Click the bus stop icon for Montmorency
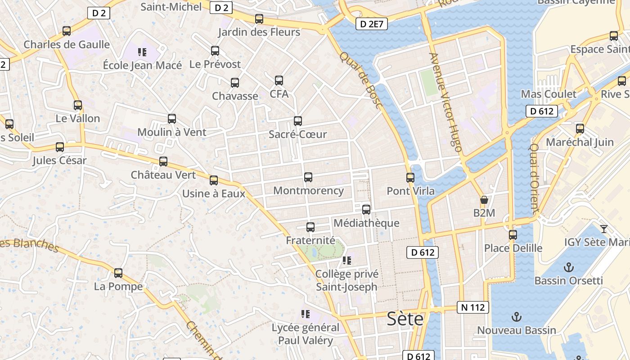(308, 177)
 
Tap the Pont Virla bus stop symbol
(410, 178)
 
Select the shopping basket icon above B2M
(484, 200)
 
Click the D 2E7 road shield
(372, 24)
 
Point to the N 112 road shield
(472, 307)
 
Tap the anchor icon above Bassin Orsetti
(569, 267)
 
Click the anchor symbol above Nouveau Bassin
(517, 317)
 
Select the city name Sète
(405, 319)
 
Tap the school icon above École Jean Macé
(142, 52)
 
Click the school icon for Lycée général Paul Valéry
(306, 314)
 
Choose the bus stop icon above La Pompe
(118, 273)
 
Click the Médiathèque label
(366, 223)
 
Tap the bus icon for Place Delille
(513, 234)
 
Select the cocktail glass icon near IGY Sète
(604, 229)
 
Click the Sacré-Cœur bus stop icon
(298, 121)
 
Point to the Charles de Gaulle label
(67, 44)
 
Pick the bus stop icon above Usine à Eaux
(214, 180)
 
